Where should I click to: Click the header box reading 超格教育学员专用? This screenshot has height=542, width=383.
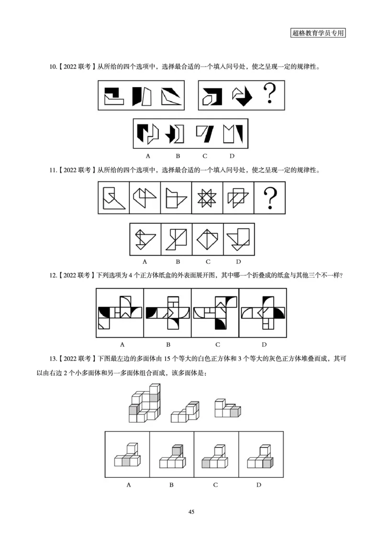(318, 33)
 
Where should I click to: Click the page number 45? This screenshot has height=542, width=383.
(191, 512)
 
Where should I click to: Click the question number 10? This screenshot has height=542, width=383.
(53, 67)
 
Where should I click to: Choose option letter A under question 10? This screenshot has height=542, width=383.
(148, 156)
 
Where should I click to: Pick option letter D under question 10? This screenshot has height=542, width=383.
(232, 156)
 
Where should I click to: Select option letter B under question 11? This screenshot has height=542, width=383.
(177, 261)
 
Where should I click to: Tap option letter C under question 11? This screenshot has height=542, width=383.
(208, 261)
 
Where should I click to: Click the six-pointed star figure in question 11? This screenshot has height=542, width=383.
(207, 197)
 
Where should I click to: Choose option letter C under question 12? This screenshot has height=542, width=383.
(217, 344)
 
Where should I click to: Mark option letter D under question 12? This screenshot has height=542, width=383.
(264, 344)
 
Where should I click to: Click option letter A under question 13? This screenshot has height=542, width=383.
(128, 485)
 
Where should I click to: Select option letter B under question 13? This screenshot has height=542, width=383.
(171, 485)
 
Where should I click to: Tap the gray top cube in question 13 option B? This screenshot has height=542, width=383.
(177, 450)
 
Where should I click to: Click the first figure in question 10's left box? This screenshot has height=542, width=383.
(113, 94)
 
